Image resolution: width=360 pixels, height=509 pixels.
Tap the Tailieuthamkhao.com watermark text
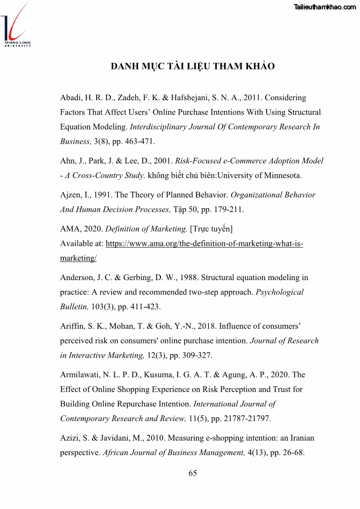pos(325,7)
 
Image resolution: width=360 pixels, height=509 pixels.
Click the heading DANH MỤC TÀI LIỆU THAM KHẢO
pos(193,66)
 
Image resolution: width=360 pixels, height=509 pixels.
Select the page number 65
pos(193,473)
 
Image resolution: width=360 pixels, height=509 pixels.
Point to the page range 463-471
pos(139,141)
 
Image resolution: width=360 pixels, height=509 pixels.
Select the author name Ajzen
pos(70,195)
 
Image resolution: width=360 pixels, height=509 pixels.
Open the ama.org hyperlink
pos(204,244)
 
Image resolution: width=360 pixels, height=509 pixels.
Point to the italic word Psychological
pos(280,292)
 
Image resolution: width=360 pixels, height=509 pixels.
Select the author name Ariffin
pos(72,326)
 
